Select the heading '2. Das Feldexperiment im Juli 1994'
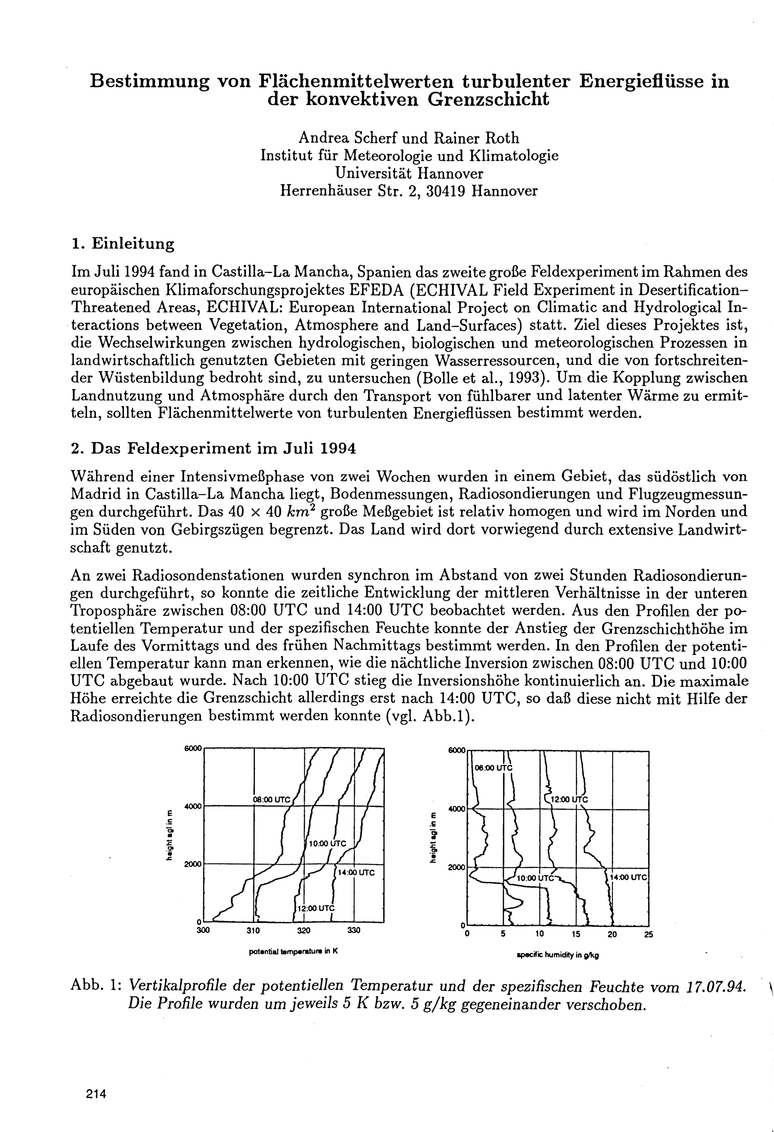[213, 448]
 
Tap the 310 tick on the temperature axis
[253, 930]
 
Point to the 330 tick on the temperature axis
[354, 930]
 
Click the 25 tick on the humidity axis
[648, 934]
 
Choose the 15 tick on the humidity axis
[576, 934]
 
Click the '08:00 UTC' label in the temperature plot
[271, 799]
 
